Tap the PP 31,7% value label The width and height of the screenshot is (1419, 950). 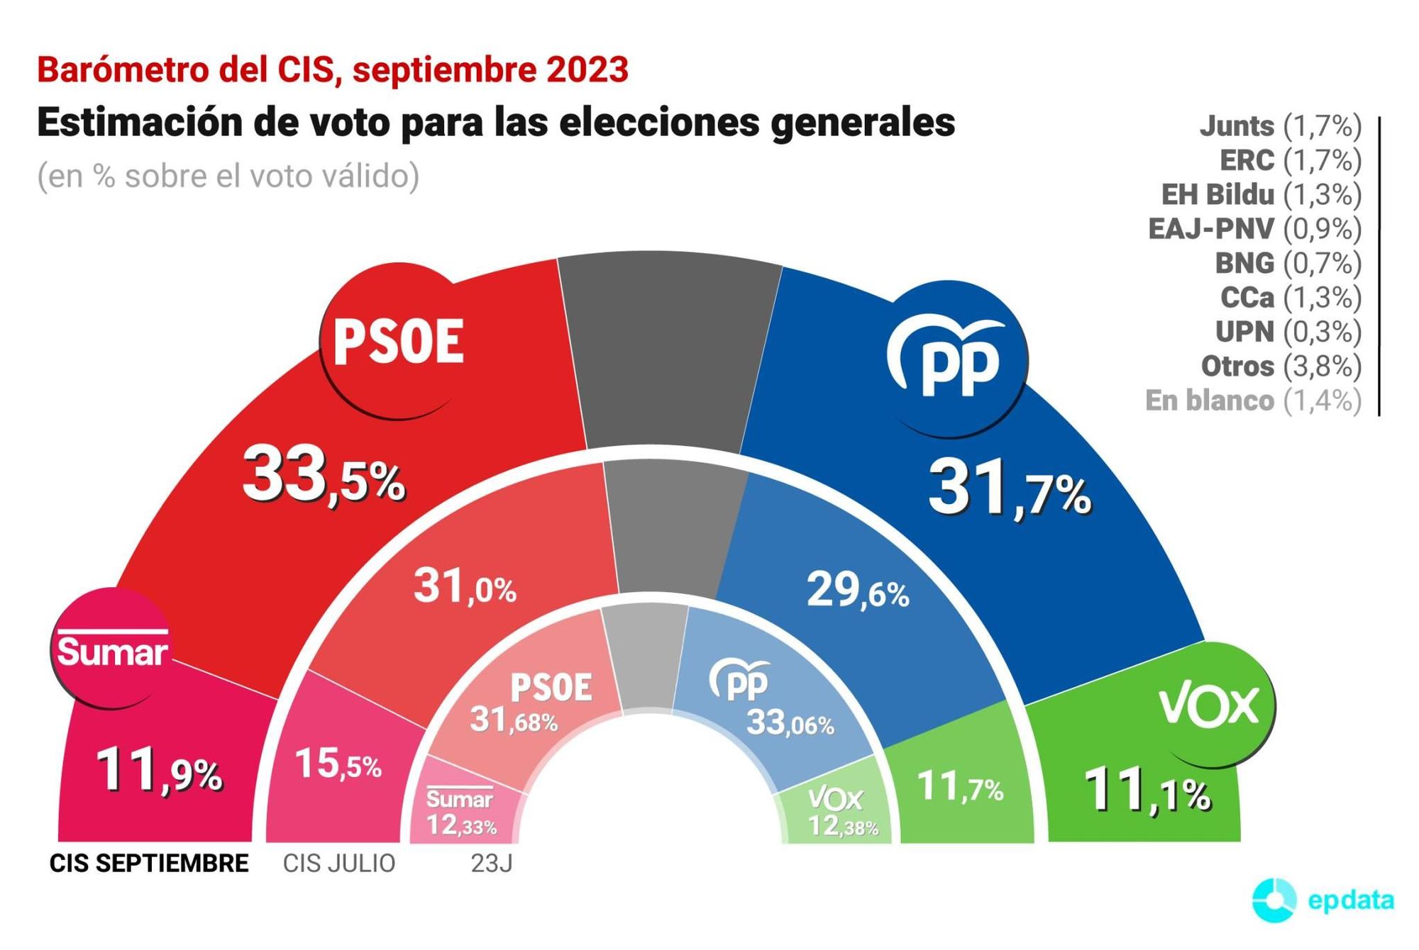pyautogui.click(x=1009, y=489)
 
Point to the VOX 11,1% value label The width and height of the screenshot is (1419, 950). pyautogui.click(x=1147, y=791)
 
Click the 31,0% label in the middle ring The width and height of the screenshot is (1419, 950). pyautogui.click(x=465, y=587)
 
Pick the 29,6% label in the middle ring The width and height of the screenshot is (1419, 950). pyautogui.click(x=858, y=591)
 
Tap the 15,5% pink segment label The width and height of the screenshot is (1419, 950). pyautogui.click(x=338, y=764)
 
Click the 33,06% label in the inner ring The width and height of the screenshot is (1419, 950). pyautogui.click(x=790, y=724)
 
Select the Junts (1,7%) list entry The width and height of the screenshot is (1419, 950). pyautogui.click(x=1280, y=126)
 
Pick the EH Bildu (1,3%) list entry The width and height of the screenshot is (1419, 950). pyautogui.click(x=1261, y=194)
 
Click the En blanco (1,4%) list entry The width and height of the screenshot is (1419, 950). pyautogui.click(x=1253, y=401)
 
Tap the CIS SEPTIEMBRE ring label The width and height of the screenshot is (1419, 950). pyautogui.click(x=149, y=864)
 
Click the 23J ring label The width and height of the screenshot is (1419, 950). pyautogui.click(x=491, y=864)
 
